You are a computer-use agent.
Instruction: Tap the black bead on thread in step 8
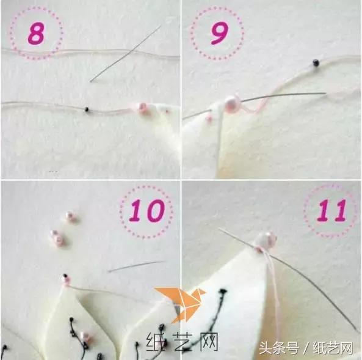click(87, 109)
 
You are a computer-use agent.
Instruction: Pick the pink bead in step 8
click(143, 108)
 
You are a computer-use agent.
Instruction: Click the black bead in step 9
click(315, 62)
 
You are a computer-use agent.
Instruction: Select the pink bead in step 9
click(231, 103)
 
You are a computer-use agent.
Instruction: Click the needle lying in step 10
click(136, 266)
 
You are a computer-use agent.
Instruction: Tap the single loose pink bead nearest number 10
click(70, 216)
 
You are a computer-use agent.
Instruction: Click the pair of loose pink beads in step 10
click(57, 238)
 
